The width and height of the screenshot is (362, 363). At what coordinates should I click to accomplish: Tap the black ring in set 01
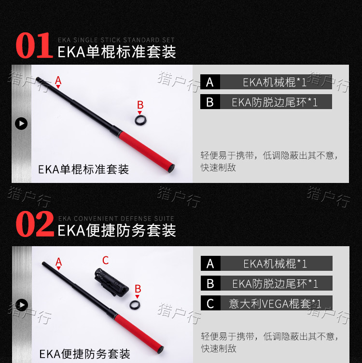coord(140,119)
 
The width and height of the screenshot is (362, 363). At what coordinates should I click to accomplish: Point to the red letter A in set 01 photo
coord(58,80)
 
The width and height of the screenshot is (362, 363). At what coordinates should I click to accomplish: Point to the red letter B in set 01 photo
coord(140,105)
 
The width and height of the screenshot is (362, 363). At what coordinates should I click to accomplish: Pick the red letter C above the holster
coord(105,261)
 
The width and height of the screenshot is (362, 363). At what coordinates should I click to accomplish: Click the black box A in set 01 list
coord(209,82)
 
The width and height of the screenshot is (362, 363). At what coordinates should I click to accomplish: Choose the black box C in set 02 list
coord(210,303)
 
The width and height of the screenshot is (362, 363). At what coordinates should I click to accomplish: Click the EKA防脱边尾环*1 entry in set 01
coord(275,102)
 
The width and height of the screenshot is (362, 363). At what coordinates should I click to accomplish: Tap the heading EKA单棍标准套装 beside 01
coord(117,52)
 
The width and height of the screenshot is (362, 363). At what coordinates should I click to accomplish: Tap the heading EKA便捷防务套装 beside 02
coord(117,230)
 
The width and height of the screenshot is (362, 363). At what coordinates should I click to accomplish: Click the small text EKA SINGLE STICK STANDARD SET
coord(116,40)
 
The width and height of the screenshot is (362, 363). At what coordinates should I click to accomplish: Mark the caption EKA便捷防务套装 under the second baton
coord(84,354)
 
